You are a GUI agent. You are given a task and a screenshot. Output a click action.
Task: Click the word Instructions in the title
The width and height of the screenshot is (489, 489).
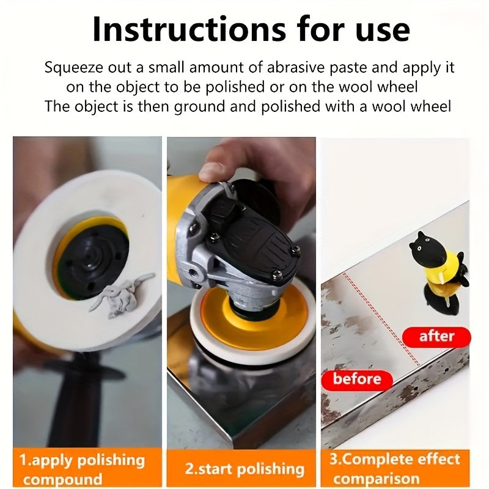pyautogui.click(x=189, y=29)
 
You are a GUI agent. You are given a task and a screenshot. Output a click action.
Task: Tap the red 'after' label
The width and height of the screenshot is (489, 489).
pyautogui.click(x=436, y=337)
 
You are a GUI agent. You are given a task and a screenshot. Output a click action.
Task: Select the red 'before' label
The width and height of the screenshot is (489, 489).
pyautogui.click(x=357, y=380)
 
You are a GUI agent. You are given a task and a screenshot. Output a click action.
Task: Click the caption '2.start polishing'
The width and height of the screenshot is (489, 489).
pyautogui.click(x=244, y=469)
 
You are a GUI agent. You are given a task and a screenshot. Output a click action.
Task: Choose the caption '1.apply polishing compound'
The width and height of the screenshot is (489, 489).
pyautogui.click(x=82, y=469)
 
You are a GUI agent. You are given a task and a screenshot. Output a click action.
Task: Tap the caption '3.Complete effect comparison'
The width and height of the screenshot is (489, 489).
pyautogui.click(x=394, y=469)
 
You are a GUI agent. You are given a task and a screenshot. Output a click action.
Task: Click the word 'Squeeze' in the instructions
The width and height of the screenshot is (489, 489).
pyautogui.click(x=73, y=68)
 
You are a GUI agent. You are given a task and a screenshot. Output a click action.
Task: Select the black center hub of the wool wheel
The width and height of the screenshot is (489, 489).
pyautogui.click(x=93, y=259)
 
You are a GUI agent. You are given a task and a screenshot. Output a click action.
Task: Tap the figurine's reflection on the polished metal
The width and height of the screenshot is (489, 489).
pyautogui.click(x=442, y=299)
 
